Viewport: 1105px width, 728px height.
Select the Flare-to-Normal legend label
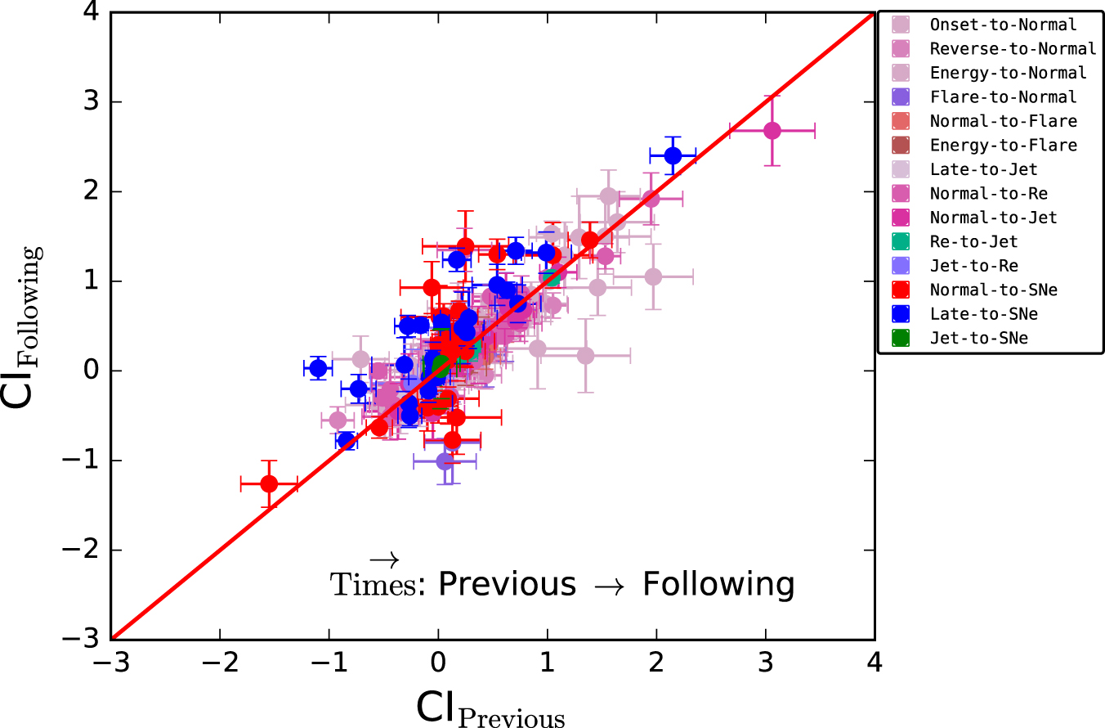click(x=1003, y=97)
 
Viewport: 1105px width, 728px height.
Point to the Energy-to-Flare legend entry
click(x=1003, y=146)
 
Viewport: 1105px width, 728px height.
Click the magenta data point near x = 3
click(x=772, y=131)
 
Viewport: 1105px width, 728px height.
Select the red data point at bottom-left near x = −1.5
click(x=269, y=483)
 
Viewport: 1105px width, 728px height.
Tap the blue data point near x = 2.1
click(x=673, y=155)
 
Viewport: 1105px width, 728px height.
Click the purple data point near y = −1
click(x=445, y=461)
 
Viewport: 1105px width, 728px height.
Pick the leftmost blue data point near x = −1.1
click(x=318, y=368)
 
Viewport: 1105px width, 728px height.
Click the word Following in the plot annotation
click(x=718, y=585)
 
